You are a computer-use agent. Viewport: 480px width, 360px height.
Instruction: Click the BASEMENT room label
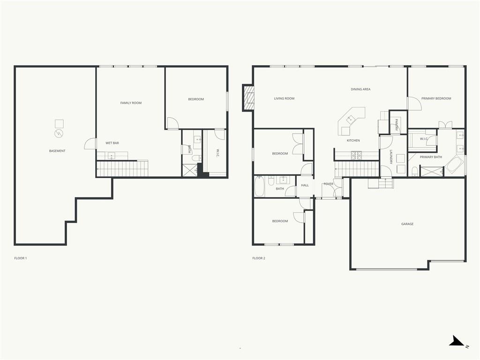[x=57, y=151]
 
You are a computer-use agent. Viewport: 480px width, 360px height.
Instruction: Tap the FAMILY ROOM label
[x=131, y=103]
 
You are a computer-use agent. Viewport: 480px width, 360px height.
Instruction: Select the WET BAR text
[x=112, y=143]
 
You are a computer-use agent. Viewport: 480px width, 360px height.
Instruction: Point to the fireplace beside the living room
[x=248, y=97]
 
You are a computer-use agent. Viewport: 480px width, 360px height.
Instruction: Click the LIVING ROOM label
[x=284, y=98]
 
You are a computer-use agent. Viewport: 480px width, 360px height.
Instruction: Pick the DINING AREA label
[x=360, y=90]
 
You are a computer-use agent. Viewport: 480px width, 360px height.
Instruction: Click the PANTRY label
[x=397, y=125]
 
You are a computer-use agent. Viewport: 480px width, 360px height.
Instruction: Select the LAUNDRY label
[x=391, y=157]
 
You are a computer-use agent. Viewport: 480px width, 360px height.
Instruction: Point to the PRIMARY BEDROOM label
[x=436, y=98]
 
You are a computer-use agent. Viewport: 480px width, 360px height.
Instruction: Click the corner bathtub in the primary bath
[x=454, y=166]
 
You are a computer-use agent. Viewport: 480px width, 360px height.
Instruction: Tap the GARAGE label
[x=407, y=224]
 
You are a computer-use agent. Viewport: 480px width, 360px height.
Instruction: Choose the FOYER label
[x=329, y=184]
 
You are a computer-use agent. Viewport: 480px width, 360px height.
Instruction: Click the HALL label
[x=305, y=185]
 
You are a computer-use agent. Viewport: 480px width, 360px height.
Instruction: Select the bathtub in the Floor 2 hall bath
[x=259, y=186]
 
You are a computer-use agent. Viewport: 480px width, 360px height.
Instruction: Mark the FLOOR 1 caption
[x=21, y=258]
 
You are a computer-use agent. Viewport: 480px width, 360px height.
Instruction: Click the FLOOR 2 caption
[x=259, y=258]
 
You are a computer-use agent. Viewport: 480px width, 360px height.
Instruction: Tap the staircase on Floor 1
[x=122, y=168]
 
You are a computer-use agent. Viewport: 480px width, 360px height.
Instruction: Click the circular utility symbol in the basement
[x=59, y=134]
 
